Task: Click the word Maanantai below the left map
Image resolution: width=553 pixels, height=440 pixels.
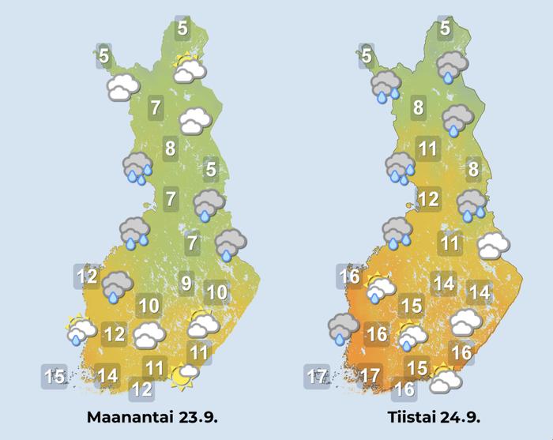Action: click(125, 416)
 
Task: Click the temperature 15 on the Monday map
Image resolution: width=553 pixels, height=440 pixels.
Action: click(55, 377)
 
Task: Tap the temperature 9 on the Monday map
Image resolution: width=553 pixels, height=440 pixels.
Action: click(186, 281)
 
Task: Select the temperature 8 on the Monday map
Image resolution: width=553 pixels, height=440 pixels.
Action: click(169, 148)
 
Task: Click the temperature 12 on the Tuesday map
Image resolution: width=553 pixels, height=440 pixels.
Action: click(427, 198)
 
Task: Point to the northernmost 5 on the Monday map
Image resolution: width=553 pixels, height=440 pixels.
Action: click(182, 29)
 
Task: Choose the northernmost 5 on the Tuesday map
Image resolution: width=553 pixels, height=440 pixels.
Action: click(445, 29)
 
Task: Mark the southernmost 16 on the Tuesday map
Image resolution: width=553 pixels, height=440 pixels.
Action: click(405, 389)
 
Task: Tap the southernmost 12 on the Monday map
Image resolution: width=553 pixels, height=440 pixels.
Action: click(141, 389)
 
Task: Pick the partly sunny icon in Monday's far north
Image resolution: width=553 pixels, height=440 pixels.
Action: click(190, 70)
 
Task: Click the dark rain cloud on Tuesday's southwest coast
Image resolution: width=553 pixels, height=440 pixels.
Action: click(342, 328)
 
